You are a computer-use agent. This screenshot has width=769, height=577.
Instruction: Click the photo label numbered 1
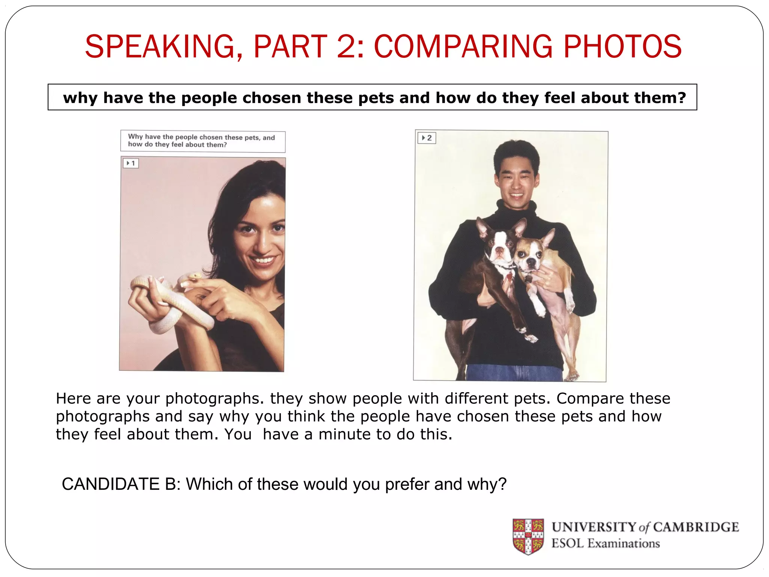(131, 163)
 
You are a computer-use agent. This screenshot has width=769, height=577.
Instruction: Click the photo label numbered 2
(427, 138)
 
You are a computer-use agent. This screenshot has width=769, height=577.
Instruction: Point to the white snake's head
(195, 276)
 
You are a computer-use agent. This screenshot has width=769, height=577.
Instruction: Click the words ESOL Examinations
(605, 544)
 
